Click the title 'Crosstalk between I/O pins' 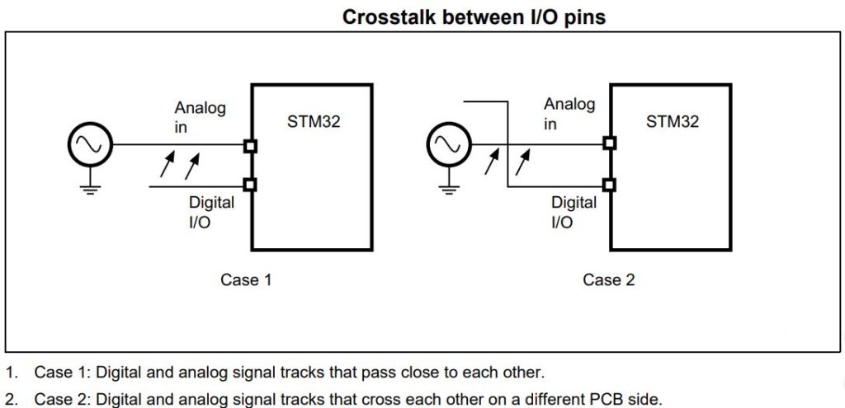coord(474,17)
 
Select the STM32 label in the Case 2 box coord(672,122)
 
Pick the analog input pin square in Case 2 coord(609,143)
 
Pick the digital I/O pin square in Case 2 coord(609,185)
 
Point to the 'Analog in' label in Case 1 coord(199,117)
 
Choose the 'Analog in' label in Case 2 coord(569,114)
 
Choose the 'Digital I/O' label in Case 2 coord(574,212)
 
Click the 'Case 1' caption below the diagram coord(246,280)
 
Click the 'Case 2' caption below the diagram coord(608,280)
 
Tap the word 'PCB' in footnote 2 coord(583,399)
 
